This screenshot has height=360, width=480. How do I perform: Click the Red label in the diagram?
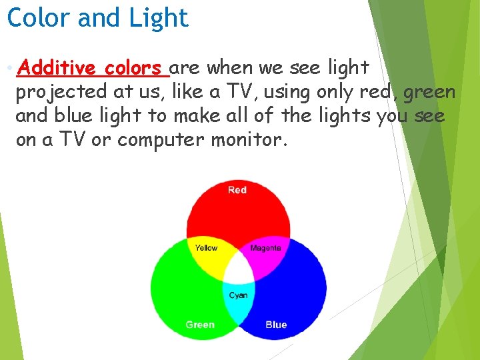coord(237,190)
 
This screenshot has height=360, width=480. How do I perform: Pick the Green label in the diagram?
coord(200,325)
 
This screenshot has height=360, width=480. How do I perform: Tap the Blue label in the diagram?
coord(276,325)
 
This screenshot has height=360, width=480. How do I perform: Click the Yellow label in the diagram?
coord(206,248)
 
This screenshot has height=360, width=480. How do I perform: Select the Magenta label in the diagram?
coord(265,248)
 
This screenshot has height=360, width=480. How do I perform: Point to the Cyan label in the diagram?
coord(238,295)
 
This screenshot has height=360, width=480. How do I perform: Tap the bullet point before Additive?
coord(7,68)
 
